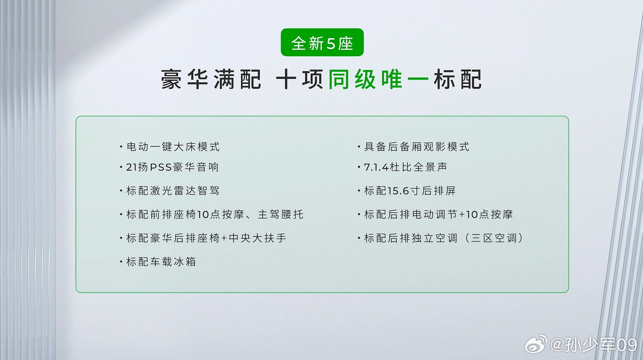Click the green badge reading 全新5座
[322, 42]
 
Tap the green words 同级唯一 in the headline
[378, 79]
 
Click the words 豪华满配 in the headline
[211, 79]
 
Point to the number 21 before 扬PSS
[130, 167]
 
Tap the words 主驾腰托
[280, 215]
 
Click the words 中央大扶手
[257, 238]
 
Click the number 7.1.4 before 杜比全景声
[376, 167]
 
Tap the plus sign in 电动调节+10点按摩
[462, 215]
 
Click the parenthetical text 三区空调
[494, 238]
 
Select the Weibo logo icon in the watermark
[536, 344]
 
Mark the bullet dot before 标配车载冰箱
[121, 262]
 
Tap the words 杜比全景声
[418, 167]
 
